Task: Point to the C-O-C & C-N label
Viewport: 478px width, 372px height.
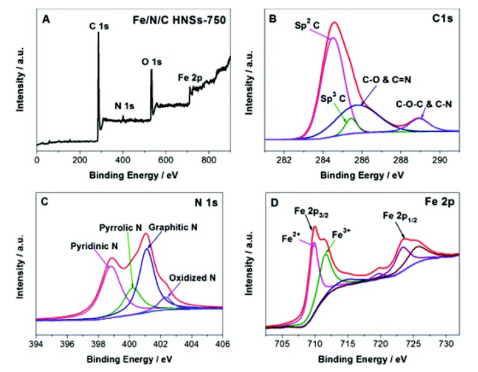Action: pos(425,104)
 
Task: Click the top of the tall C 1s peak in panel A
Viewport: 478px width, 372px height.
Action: pos(98,33)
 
